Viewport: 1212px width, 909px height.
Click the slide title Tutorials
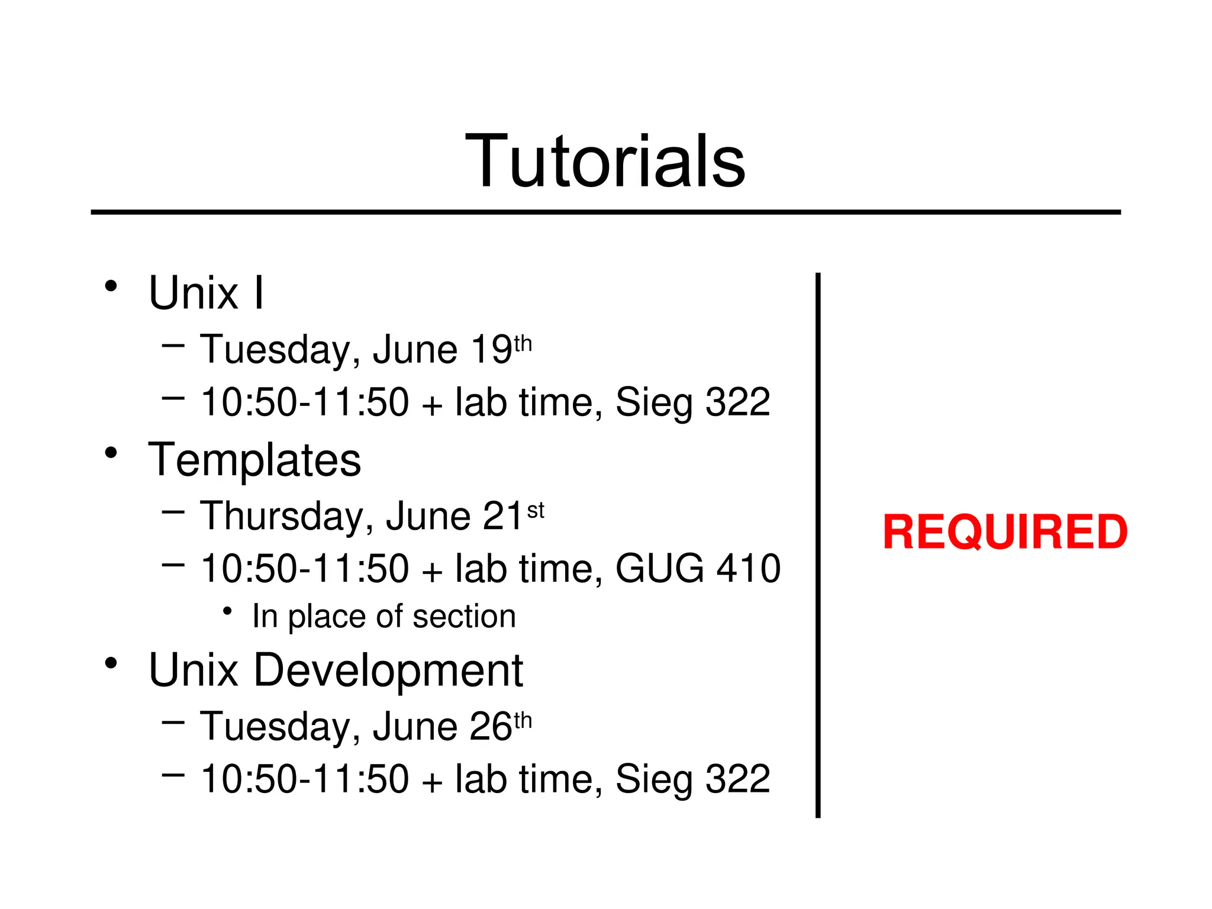605,161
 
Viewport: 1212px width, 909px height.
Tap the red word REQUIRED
1004,532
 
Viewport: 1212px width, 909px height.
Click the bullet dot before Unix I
111,286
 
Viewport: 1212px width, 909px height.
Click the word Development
388,671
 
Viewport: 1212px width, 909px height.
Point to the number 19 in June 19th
491,350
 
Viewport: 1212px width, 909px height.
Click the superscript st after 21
535,510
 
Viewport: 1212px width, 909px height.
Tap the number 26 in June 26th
491,727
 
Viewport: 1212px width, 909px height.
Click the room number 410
749,569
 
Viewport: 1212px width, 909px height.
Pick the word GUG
660,569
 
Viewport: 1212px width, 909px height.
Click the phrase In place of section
383,617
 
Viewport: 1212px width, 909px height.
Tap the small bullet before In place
227,611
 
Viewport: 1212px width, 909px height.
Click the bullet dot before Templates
111,453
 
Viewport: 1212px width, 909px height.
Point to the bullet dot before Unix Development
111,663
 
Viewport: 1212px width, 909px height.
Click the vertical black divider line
818,544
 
